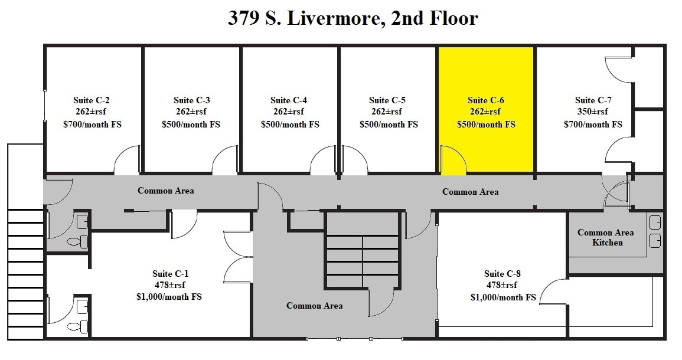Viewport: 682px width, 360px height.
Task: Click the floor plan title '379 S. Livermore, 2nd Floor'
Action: [x=353, y=18]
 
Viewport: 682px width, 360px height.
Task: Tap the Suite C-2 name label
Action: [x=92, y=100]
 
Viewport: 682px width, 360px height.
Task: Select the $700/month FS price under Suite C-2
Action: [x=92, y=125]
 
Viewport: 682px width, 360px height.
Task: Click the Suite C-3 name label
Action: [x=192, y=100]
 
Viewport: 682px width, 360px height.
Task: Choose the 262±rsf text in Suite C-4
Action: [x=289, y=112]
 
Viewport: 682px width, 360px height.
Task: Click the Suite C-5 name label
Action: [x=387, y=100]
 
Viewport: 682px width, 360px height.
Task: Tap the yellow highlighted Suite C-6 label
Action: [x=486, y=100]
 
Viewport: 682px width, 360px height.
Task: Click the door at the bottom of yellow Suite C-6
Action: [x=452, y=161]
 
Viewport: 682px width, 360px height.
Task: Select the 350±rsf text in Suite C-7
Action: [x=592, y=112]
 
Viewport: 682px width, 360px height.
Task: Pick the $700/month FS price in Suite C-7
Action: [x=593, y=125]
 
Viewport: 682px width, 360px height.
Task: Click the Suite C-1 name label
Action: [x=171, y=273]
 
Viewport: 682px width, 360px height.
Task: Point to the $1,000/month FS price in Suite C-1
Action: [x=169, y=297]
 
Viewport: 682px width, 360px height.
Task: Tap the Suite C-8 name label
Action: [x=502, y=273]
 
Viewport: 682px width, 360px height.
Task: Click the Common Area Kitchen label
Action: [x=606, y=237]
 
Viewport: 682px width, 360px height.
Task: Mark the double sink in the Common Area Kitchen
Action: [x=655, y=231]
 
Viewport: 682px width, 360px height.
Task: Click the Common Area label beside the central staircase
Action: [x=314, y=305]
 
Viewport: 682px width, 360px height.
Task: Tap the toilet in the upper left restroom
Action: [x=77, y=241]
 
